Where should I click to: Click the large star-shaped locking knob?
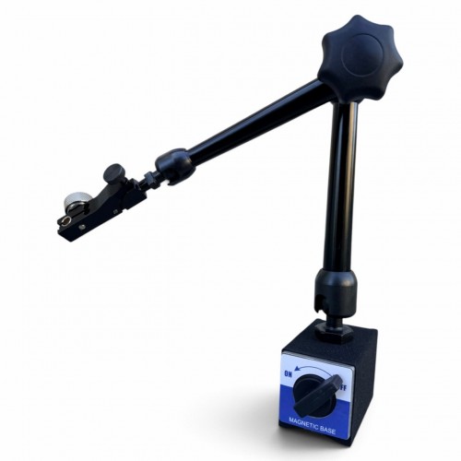pyautogui.click(x=361, y=57)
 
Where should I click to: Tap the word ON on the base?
pyautogui.click(x=288, y=374)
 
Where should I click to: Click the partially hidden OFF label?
pyautogui.click(x=343, y=388)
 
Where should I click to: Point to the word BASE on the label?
pyautogui.click(x=327, y=430)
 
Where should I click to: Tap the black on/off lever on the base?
pyautogui.click(x=317, y=395)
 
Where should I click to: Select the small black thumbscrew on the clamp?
pyautogui.click(x=112, y=173)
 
